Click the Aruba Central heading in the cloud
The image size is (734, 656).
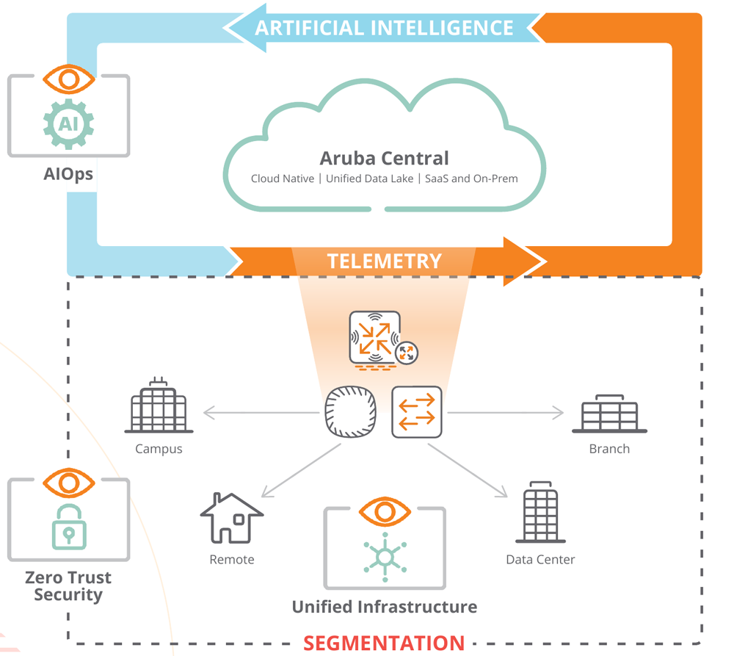click(x=384, y=159)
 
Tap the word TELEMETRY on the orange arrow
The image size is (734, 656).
click(x=385, y=261)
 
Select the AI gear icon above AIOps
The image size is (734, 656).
click(x=69, y=124)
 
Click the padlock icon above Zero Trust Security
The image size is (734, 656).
click(x=69, y=527)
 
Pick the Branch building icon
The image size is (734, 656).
click(x=609, y=414)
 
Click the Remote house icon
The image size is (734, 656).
click(x=232, y=518)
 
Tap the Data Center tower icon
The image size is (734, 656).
click(x=541, y=512)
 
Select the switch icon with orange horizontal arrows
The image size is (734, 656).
click(x=417, y=412)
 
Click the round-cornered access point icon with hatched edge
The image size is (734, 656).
click(x=351, y=412)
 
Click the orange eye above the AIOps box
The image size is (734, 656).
click(x=69, y=79)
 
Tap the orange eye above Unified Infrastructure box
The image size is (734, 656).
click(x=385, y=512)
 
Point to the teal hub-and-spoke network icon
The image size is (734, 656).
click(x=385, y=557)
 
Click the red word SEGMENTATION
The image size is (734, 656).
click(x=384, y=643)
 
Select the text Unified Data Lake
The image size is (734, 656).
click(x=369, y=179)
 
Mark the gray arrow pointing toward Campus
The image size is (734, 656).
click(x=261, y=413)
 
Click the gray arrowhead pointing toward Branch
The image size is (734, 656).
click(x=558, y=413)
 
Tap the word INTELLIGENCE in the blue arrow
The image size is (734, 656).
click(x=442, y=28)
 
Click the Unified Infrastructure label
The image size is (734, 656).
click(x=385, y=607)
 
